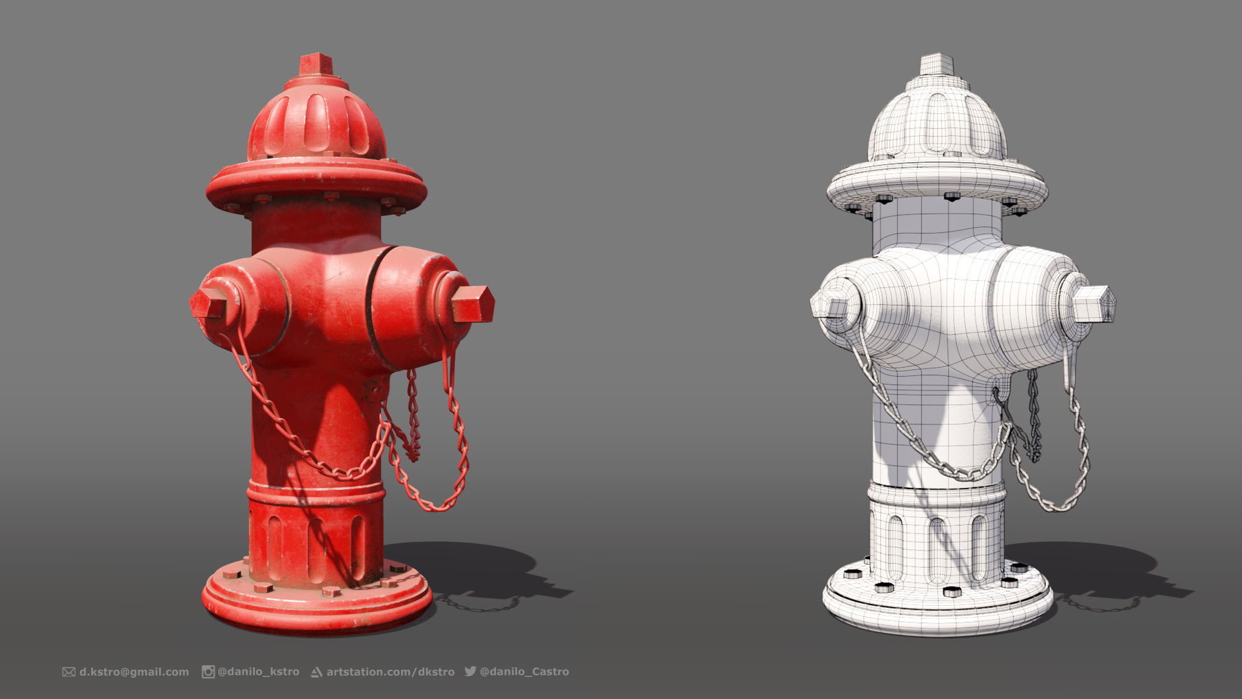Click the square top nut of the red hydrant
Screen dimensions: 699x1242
317,65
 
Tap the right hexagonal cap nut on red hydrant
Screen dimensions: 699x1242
473,304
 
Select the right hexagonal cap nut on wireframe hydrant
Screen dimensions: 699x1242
1094,304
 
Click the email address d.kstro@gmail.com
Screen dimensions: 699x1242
134,671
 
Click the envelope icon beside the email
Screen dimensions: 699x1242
69,671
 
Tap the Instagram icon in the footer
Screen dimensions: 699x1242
208,671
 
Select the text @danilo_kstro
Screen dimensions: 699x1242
258,671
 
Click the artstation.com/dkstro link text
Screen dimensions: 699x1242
390,671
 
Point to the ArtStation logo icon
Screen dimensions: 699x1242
317,672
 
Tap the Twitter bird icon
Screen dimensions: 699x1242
471,671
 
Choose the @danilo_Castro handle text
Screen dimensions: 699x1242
524,671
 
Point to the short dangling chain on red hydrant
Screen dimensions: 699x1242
413,414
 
